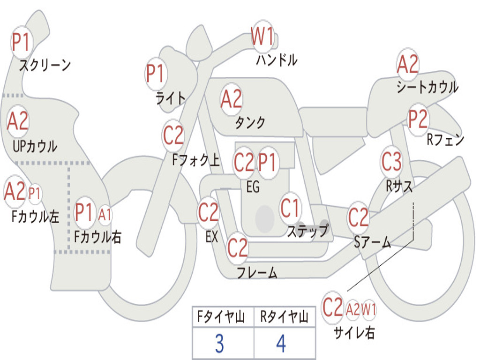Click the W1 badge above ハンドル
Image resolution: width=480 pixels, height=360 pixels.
point(262,36)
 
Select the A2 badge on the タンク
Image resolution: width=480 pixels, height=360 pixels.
point(232,99)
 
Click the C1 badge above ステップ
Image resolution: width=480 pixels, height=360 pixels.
point(290,209)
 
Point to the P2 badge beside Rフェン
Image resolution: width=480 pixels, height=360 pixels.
point(418,120)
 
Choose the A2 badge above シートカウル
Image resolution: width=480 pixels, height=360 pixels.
point(408,64)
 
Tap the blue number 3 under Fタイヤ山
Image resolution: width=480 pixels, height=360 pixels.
point(219,344)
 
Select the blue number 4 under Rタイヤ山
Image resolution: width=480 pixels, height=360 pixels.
point(281,344)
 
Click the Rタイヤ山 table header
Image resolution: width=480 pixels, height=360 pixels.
point(284,318)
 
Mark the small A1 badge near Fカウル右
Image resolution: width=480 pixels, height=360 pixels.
point(105,215)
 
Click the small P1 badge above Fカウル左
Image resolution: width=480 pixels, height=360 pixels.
point(35,193)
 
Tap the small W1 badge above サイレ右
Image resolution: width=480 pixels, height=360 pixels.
point(369,309)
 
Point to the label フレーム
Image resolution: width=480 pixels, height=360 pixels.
point(257,272)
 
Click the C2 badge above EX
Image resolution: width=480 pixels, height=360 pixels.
point(209,213)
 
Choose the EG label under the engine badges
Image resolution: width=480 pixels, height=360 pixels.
point(253,187)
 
